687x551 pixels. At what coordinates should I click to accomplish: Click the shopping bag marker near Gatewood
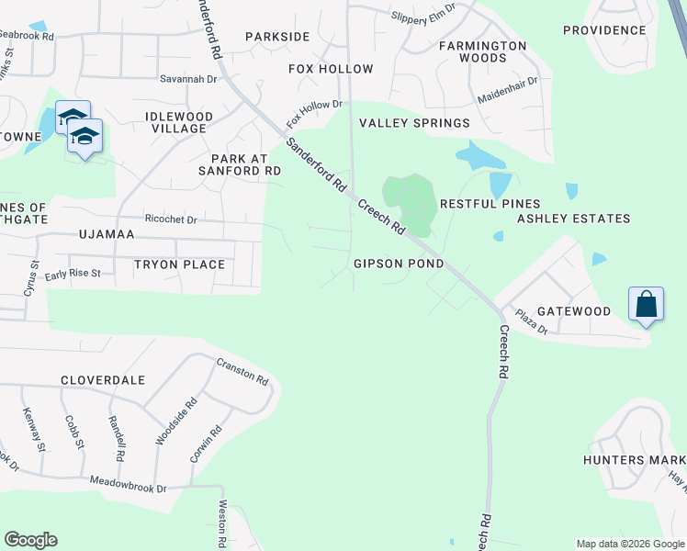[646, 304]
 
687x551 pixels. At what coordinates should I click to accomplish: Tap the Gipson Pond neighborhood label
[399, 264]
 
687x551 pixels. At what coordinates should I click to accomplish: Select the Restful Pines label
[490, 203]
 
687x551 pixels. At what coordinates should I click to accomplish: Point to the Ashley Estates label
[573, 219]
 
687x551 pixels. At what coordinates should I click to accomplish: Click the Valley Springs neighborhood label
[414, 123]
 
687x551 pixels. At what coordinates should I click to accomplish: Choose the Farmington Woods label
[484, 51]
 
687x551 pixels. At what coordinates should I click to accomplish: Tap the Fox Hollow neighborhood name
[331, 69]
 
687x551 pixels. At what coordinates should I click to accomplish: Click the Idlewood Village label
[179, 122]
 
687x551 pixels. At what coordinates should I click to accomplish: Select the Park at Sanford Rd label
[240, 164]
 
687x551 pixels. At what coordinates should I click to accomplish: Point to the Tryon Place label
[179, 264]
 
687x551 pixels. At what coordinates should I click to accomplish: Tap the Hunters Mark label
[635, 459]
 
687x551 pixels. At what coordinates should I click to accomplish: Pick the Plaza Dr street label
[530, 322]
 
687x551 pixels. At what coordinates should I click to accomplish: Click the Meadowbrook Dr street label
[128, 484]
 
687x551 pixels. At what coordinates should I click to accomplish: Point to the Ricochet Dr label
[170, 219]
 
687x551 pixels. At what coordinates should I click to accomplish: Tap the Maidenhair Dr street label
[507, 90]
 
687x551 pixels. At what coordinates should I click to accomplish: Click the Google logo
[30, 540]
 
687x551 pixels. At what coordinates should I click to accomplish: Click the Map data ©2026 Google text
[629, 544]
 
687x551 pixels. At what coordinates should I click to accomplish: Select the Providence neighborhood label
[604, 30]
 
